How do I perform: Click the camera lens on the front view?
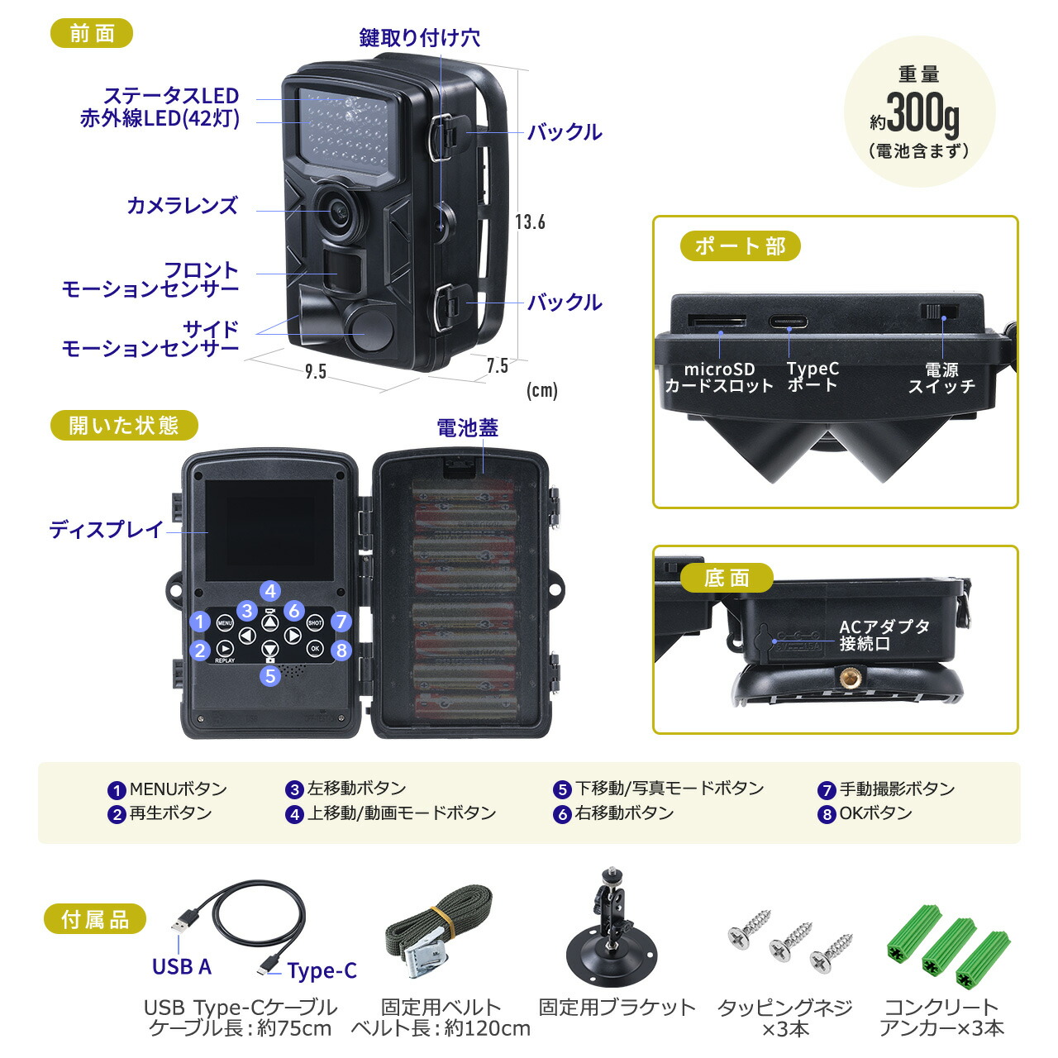pos(338,211)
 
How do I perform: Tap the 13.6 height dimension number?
pos(530,222)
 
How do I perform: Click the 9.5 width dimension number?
pos(315,372)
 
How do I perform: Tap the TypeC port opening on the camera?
pos(789,322)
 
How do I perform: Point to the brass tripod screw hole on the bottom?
pos(847,679)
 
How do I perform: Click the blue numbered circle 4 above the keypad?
pos(270,591)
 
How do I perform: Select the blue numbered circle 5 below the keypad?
pos(270,675)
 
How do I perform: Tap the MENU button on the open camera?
pos(225,622)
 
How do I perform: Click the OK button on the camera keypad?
pos(315,649)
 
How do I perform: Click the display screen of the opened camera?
pos(269,531)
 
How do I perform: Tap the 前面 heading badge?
pos(92,34)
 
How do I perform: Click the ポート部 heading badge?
pos(740,246)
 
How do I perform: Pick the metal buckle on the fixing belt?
pos(427,951)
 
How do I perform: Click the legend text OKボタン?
pos(875,813)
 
